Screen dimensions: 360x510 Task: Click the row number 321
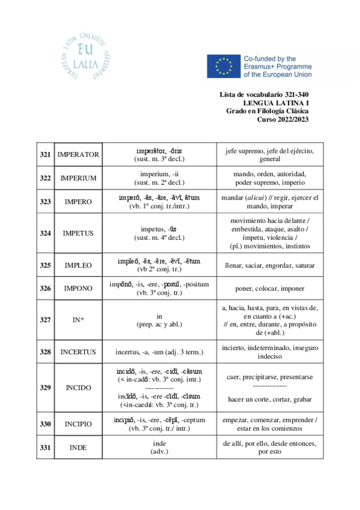point(44,155)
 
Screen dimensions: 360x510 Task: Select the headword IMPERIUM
point(78,178)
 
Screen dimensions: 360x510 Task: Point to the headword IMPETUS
point(78,233)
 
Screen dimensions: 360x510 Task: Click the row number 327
point(44,319)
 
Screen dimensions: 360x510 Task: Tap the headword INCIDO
point(78,388)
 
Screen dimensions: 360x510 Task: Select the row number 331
point(44,447)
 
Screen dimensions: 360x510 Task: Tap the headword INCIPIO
point(78,424)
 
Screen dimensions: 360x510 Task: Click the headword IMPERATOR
point(78,155)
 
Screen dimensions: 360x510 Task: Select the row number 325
point(44,265)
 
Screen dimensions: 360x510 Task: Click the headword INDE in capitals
point(78,447)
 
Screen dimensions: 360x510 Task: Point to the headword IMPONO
point(78,288)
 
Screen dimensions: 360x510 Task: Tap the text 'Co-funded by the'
point(270,58)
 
